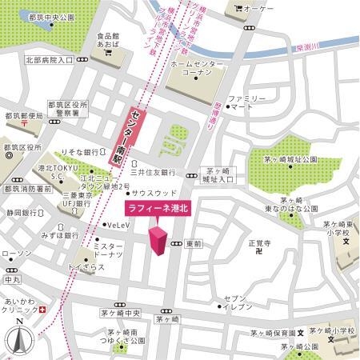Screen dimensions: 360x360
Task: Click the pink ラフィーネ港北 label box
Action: click(158, 209)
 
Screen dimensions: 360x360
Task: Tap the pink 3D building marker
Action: click(158, 241)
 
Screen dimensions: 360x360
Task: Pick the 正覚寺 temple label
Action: click(259, 242)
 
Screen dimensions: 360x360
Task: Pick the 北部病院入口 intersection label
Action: click(48, 59)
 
